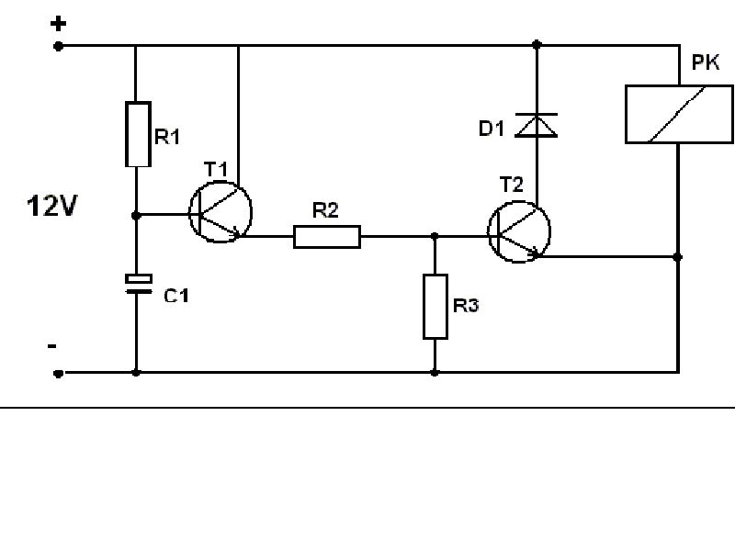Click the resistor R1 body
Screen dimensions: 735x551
tap(138, 134)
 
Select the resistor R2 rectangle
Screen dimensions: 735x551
tap(327, 237)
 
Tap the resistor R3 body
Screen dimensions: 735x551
tap(435, 307)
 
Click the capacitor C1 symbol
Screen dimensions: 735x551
tap(139, 285)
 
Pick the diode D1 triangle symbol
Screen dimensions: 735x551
tap(537, 125)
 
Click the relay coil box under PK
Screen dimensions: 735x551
tap(679, 114)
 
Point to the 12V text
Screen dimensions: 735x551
tap(51, 206)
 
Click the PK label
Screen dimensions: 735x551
tap(706, 62)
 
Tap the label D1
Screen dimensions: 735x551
tap(492, 128)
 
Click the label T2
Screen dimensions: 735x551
tap(511, 185)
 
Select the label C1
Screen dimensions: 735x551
tap(176, 296)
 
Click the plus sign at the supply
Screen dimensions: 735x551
tap(58, 24)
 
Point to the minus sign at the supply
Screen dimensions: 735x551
tap(52, 346)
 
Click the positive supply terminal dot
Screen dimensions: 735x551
tap(58, 46)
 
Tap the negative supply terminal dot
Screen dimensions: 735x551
tap(58, 374)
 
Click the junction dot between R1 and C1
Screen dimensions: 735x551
tap(136, 216)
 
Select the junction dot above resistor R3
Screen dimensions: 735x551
tap(435, 236)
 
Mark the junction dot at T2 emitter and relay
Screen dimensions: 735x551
tap(677, 257)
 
